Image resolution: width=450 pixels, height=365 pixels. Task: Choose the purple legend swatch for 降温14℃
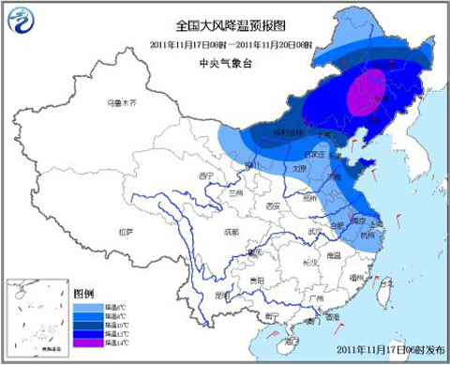tap(83, 346)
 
